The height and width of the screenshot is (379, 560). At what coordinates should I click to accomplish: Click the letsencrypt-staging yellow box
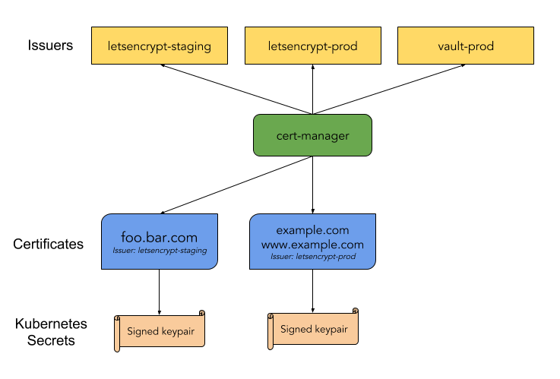[x=160, y=46]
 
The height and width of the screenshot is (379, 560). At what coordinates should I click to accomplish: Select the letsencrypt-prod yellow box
[x=312, y=46]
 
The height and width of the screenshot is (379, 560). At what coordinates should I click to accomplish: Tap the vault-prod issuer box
[x=466, y=46]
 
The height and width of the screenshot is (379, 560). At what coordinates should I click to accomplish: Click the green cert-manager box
[x=312, y=136]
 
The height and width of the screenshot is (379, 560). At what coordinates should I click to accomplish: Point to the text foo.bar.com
[x=160, y=237]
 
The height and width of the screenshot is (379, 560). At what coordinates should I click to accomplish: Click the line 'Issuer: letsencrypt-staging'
[x=160, y=251]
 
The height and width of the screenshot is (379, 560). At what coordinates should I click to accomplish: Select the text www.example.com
[x=312, y=245]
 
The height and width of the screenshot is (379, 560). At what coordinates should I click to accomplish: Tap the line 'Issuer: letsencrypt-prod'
[x=312, y=257]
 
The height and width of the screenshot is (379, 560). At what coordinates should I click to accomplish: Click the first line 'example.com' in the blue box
[x=312, y=230]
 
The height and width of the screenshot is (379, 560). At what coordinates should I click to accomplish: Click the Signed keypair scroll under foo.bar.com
[x=160, y=331]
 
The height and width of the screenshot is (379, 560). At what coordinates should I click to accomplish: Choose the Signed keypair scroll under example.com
[x=314, y=329]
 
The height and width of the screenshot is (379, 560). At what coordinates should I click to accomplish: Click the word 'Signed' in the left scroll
[x=142, y=331]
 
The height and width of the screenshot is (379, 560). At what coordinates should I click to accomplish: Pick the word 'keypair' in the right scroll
[x=331, y=329]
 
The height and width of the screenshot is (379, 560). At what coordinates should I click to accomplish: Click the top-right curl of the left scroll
[x=202, y=313]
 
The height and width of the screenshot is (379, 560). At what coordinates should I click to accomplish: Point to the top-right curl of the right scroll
[x=356, y=311]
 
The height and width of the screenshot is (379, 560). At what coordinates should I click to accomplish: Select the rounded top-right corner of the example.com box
[x=370, y=220]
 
